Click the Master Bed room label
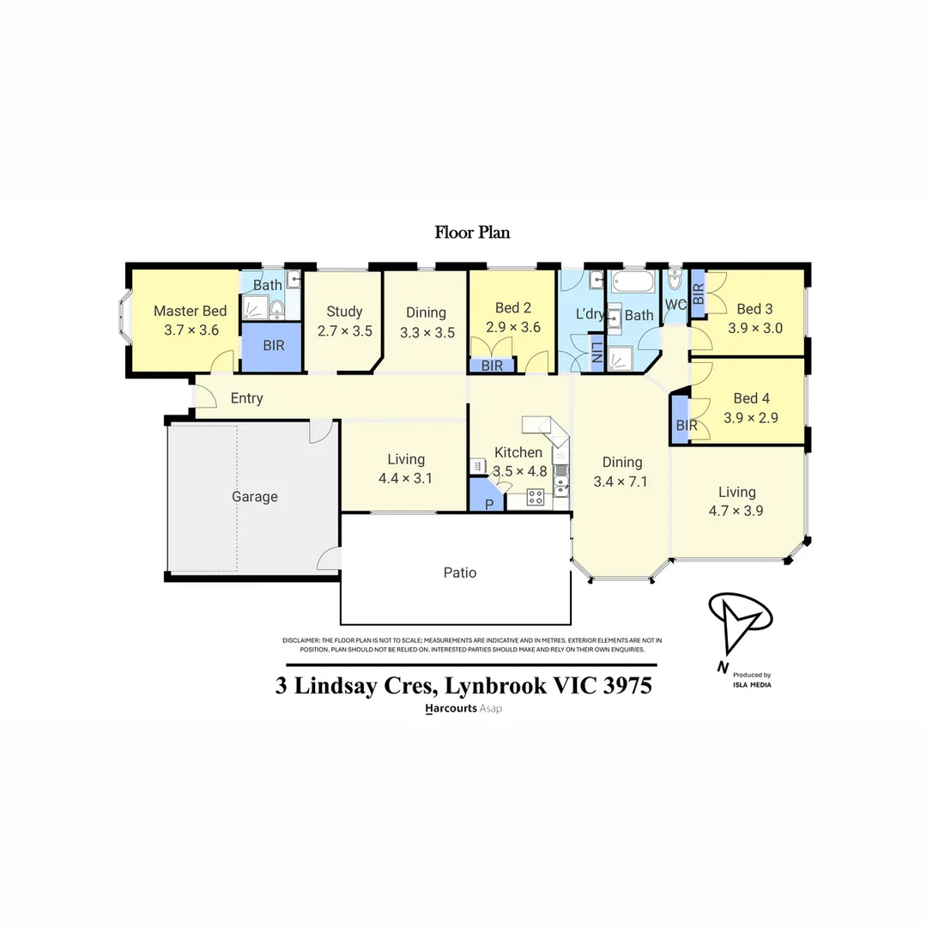(x=190, y=311)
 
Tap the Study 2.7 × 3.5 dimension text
(x=345, y=330)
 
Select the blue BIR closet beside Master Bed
(x=271, y=347)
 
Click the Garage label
(x=255, y=497)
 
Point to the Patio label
(x=459, y=573)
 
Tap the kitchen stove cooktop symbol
(x=536, y=496)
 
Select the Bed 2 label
(x=512, y=308)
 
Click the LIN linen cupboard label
(x=597, y=354)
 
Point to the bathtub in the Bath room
(x=633, y=282)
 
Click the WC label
(x=674, y=305)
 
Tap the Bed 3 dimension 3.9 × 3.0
(x=754, y=327)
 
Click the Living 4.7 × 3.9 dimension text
(x=736, y=510)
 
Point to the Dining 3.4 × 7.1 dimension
(x=620, y=482)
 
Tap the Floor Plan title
(x=472, y=232)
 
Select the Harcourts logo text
(x=451, y=709)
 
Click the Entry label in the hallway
(x=246, y=398)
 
